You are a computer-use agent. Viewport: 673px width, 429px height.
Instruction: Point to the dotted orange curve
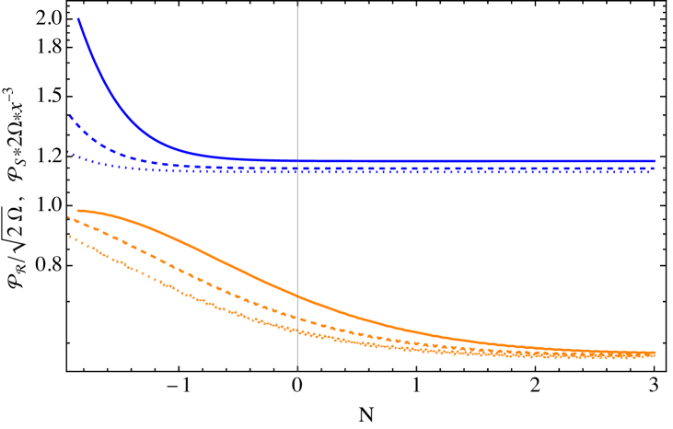pyautogui.click(x=138, y=272)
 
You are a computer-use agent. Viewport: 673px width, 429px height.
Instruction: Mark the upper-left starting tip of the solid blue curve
pyautogui.click(x=78, y=18)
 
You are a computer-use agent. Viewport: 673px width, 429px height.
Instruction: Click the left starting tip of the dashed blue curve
pyautogui.click(x=69, y=115)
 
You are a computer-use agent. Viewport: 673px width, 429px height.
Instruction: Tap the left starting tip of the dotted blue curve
pyautogui.click(x=68, y=152)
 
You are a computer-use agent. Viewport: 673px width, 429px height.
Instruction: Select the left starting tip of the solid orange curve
pyautogui.click(x=77, y=211)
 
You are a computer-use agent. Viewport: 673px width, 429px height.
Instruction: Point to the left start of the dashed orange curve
pyautogui.click(x=68, y=216)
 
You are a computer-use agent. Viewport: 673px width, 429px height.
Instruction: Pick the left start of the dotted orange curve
pyautogui.click(x=69, y=237)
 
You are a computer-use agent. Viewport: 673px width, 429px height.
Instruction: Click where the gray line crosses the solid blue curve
pyautogui.click(x=297, y=161)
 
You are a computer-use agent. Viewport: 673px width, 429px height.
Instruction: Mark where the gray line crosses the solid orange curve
pyautogui.click(x=297, y=296)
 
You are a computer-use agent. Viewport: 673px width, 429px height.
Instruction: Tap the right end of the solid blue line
pyautogui.click(x=655, y=161)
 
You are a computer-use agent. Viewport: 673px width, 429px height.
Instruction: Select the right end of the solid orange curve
pyautogui.click(x=655, y=353)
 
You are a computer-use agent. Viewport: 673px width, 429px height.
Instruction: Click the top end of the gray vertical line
pyautogui.click(x=297, y=4)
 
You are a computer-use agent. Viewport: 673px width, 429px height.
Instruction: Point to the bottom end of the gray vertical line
pyautogui.click(x=297, y=368)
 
